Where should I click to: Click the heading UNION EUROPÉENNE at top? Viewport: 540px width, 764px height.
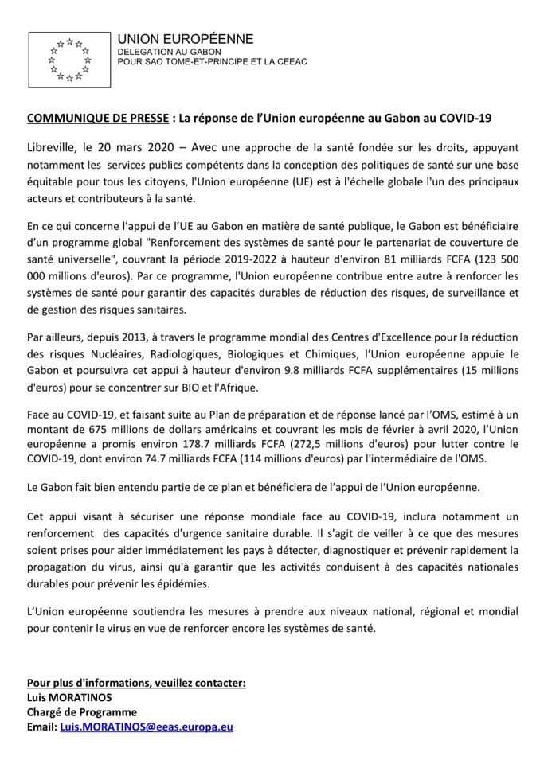185,39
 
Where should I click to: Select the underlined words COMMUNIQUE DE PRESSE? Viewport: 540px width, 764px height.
98,119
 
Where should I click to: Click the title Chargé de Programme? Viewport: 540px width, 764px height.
81,712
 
